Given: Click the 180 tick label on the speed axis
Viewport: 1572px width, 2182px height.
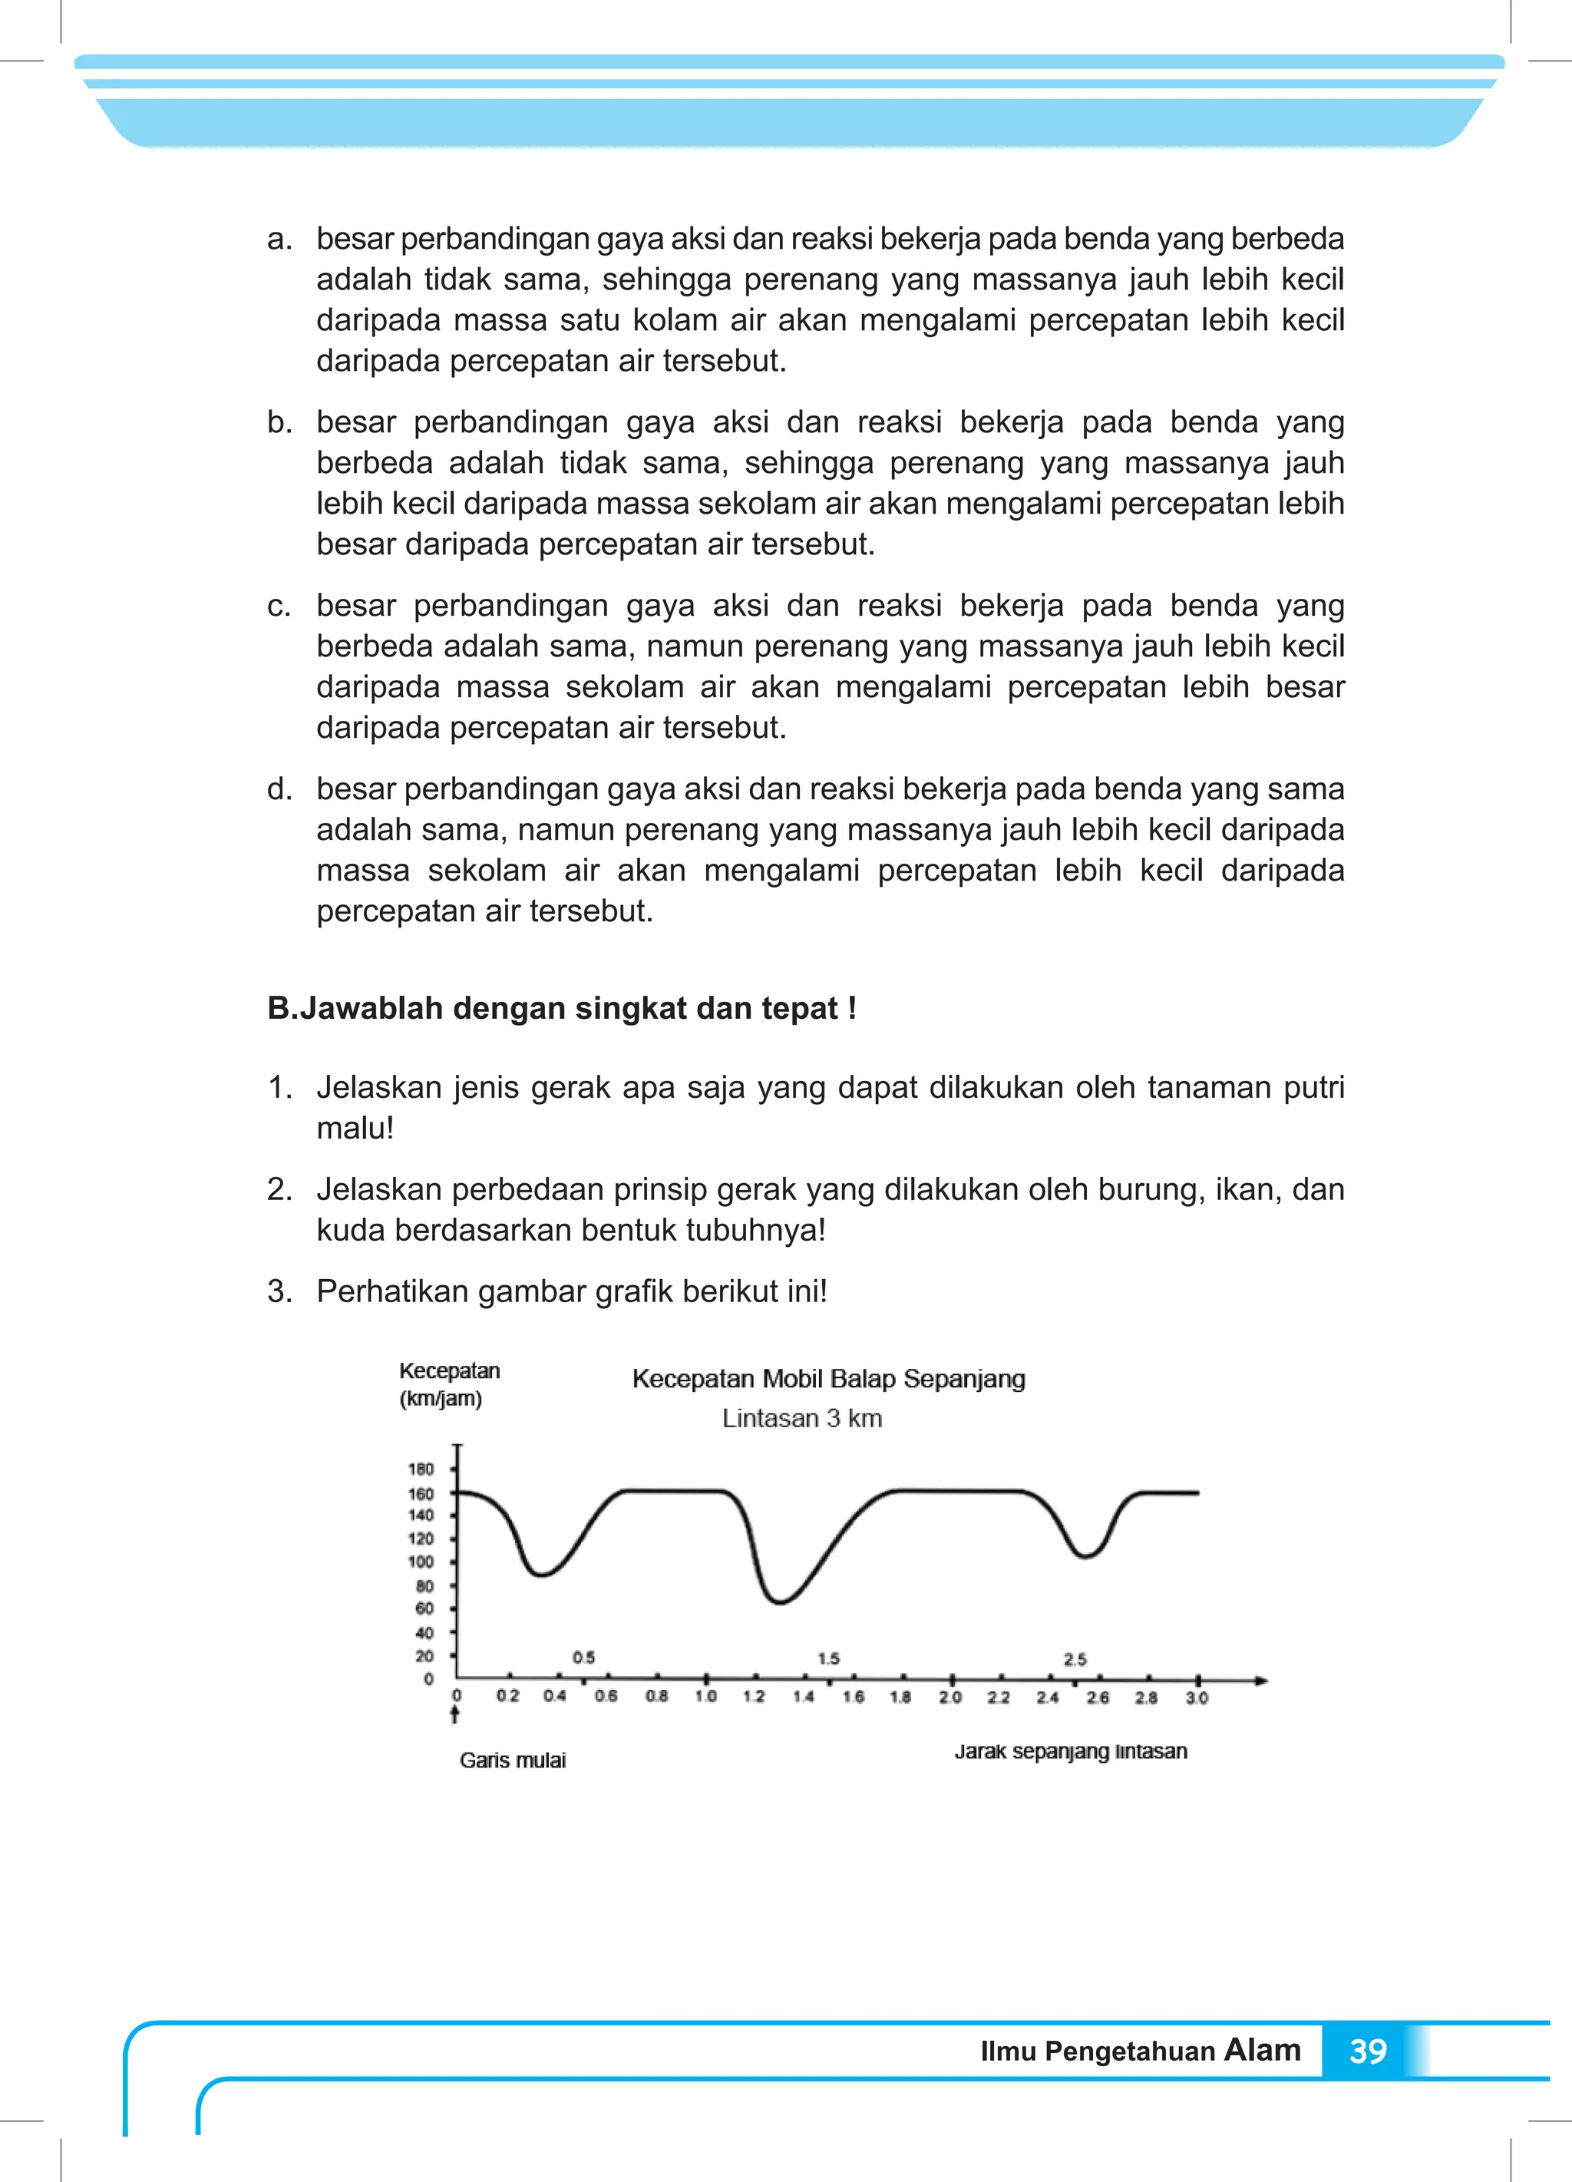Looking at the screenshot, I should coord(421,1469).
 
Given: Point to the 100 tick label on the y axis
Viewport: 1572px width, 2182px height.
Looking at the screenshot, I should coord(421,1562).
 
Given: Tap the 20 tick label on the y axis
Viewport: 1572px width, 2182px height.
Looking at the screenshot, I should coord(424,1656).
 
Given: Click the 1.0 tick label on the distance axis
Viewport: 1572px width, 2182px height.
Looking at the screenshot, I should coord(705,1696).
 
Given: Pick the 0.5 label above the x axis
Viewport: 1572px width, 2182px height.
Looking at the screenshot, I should coord(583,1658).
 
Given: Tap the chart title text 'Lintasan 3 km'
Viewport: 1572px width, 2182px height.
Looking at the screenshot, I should coord(801,1418).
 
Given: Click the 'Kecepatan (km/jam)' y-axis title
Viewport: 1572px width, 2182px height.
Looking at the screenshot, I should coord(448,1384).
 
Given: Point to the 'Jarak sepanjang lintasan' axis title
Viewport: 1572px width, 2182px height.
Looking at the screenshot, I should coord(1070,1751).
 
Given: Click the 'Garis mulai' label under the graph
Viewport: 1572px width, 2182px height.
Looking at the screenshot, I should coord(512,1760).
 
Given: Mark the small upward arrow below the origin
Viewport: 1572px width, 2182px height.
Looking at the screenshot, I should coord(455,1714).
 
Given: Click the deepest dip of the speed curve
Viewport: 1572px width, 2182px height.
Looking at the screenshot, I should coord(779,1602).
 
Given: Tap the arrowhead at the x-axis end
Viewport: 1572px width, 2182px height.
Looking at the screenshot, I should coord(1261,1681).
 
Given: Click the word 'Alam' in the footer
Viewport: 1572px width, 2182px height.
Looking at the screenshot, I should coord(1261,2050).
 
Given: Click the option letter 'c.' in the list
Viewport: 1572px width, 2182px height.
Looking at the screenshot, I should coord(279,606).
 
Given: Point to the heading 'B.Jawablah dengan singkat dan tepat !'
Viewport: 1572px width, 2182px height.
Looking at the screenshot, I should coord(562,1008).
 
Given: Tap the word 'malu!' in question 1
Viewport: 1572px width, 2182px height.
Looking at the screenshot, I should coord(355,1128).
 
